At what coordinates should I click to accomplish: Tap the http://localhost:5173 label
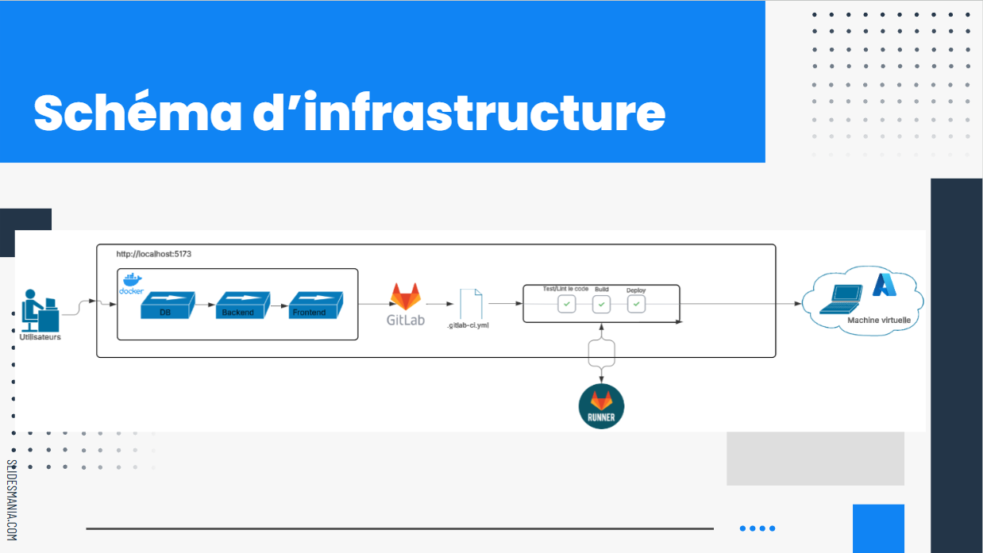[154, 254]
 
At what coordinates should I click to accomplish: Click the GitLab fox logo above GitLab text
[406, 297]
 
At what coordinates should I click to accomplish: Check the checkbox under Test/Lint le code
[566, 304]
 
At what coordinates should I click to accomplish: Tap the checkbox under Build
[601, 304]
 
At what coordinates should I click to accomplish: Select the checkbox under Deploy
[636, 304]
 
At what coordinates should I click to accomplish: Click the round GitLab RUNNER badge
[601, 405]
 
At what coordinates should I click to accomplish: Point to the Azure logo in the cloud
[885, 285]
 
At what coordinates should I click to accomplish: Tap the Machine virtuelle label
[878, 321]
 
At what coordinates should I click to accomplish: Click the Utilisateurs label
[40, 337]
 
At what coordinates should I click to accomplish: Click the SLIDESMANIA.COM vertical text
[11, 500]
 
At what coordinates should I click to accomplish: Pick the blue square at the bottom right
[878, 528]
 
